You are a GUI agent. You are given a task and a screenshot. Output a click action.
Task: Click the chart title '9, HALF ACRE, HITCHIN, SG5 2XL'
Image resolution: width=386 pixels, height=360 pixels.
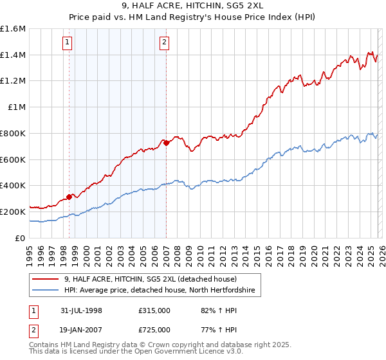193,6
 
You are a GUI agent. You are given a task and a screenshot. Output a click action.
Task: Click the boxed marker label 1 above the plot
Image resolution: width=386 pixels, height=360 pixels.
68,43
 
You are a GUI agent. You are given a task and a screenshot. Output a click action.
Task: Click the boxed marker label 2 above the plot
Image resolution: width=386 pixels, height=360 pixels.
165,43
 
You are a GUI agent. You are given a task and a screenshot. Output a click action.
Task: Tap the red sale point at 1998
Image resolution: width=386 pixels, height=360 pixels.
69,197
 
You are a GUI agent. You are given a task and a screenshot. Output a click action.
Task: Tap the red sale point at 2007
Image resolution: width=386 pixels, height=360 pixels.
166,143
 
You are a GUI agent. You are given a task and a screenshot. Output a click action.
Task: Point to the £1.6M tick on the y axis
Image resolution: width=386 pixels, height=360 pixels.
13,29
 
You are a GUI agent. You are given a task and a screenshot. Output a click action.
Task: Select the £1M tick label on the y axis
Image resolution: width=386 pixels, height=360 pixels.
17,107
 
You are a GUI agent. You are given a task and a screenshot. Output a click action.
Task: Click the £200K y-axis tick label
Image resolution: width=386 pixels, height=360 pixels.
13,212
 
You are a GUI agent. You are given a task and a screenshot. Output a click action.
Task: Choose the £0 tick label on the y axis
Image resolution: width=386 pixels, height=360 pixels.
21,238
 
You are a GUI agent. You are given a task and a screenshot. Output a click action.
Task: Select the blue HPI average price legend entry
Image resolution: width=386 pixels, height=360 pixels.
160,291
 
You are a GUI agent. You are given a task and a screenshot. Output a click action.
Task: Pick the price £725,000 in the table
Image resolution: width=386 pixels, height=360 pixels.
154,329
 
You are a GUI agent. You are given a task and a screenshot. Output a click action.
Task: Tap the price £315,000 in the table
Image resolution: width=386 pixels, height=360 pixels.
154,311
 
